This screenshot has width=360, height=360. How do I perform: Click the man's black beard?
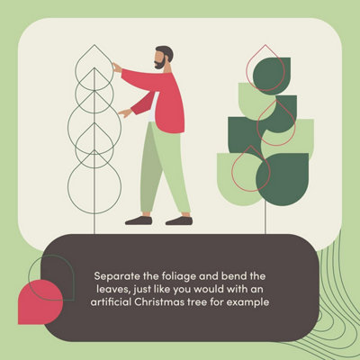coord(161,63)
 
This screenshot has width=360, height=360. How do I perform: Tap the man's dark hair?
coord(166,52)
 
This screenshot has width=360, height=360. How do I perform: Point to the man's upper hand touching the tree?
coord(117,67)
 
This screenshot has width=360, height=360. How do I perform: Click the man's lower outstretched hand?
coord(125,112)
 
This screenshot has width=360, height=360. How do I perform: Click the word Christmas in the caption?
coord(159,301)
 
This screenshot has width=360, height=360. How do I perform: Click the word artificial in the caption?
coord(111,301)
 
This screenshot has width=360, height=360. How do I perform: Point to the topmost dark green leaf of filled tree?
coord(272,76)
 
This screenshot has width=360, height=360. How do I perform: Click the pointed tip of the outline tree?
coord(94,45)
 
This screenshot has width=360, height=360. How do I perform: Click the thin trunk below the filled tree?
coord(265,220)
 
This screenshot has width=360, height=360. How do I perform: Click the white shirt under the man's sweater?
coord(154,107)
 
